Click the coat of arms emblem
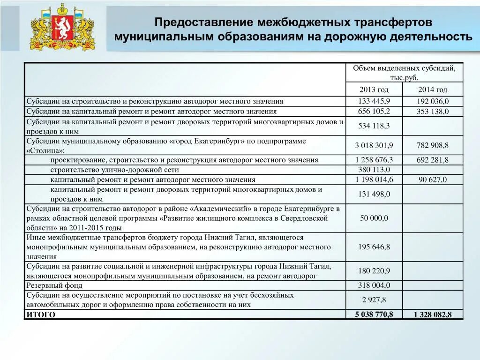(62, 28)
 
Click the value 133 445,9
(374, 101)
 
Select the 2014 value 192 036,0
(432, 101)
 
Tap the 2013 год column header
(374, 90)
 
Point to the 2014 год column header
(432, 90)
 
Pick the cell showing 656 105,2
(374, 111)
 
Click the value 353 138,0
(432, 112)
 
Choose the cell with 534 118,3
(374, 126)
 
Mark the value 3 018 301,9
(374, 145)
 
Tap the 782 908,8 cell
(432, 145)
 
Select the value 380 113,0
(374, 170)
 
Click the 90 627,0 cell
(432, 180)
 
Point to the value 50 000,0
(374, 218)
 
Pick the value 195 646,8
(374, 247)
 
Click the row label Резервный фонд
(54, 285)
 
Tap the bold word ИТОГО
(41, 315)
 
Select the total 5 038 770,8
(374, 314)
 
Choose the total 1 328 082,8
(432, 315)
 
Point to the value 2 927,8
(374, 300)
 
